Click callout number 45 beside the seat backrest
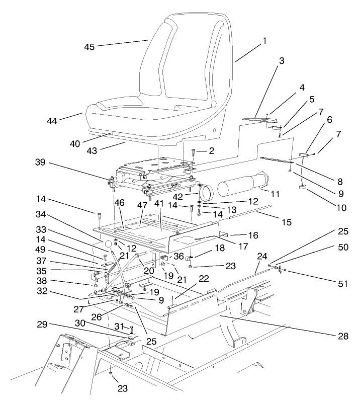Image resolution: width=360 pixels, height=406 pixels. pos(88,47)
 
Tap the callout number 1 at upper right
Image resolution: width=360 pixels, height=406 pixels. pos(263,42)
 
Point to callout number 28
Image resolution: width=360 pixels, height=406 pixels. pos(344,336)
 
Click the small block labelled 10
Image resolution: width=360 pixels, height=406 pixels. pos(303,187)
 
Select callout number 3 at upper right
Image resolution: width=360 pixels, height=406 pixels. pos(282,61)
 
